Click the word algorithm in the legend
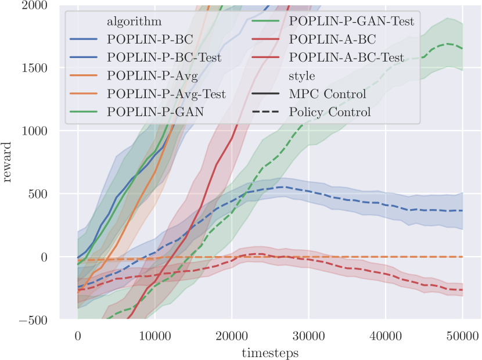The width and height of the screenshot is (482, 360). pyautogui.click(x=134, y=21)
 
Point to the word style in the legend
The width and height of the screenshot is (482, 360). pyautogui.click(x=301, y=75)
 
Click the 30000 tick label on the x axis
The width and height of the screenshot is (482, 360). pyautogui.click(x=308, y=336)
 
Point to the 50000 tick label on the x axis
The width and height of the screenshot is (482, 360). pyautogui.click(x=463, y=336)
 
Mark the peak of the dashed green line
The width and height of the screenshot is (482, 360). pyautogui.click(x=448, y=44)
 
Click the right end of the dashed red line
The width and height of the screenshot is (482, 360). pyautogui.click(x=463, y=290)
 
